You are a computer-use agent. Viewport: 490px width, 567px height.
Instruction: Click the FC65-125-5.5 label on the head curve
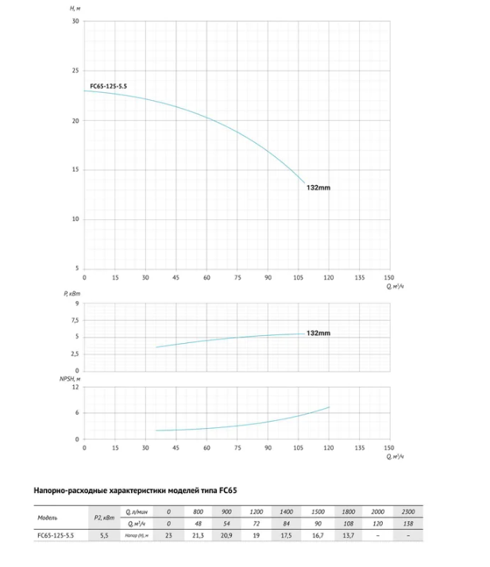pyautogui.click(x=109, y=86)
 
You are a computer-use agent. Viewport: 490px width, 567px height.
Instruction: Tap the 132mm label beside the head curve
pyautogui.click(x=318, y=187)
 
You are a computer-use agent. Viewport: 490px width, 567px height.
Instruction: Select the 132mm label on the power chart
pyautogui.click(x=318, y=333)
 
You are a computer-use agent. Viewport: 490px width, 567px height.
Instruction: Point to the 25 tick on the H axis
pyautogui.click(x=75, y=71)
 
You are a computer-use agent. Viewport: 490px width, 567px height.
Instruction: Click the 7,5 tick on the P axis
pyautogui.click(x=75, y=320)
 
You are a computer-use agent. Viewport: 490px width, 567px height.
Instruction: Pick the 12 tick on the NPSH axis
pyautogui.click(x=75, y=388)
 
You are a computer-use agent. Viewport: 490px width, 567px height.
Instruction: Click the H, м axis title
pyautogui.click(x=75, y=8)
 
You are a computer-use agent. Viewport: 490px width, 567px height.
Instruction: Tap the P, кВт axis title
pyautogui.click(x=72, y=294)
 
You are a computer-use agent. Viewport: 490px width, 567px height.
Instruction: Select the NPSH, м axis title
pyautogui.click(x=70, y=379)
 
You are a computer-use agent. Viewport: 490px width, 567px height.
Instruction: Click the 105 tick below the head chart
pyautogui.click(x=299, y=277)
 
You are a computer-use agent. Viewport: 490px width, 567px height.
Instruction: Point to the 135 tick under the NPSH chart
pyautogui.click(x=360, y=448)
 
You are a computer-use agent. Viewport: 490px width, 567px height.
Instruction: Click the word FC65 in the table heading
pyautogui.click(x=228, y=491)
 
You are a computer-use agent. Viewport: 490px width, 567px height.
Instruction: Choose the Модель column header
pyautogui.click(x=48, y=518)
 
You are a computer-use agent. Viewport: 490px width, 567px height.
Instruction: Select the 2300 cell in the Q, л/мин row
pyautogui.click(x=408, y=511)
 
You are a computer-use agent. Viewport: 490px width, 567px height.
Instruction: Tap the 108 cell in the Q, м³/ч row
pyautogui.click(x=349, y=523)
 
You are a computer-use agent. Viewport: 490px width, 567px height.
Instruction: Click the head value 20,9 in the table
pyautogui.click(x=226, y=535)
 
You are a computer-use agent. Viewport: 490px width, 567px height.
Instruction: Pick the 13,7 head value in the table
pyautogui.click(x=349, y=535)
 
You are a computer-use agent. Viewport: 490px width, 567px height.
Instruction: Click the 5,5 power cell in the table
pyautogui.click(x=104, y=535)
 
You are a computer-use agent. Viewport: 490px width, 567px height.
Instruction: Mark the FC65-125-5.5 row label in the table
pyautogui.click(x=56, y=535)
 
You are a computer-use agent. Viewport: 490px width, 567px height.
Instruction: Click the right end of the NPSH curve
pyautogui.click(x=329, y=407)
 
